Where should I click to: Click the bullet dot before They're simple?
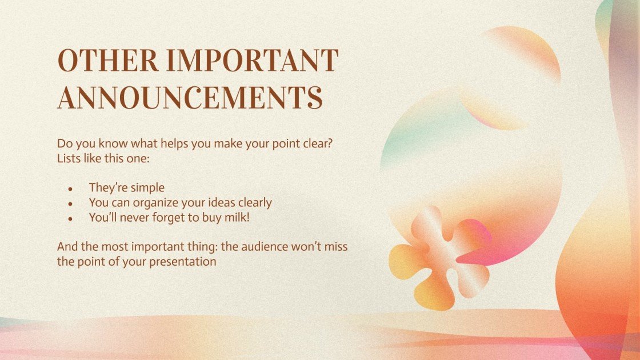(x=70, y=189)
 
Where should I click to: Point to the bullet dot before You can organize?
(x=70, y=203)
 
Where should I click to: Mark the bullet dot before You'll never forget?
(x=70, y=218)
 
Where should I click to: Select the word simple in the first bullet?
(x=147, y=187)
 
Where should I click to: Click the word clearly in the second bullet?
(x=252, y=202)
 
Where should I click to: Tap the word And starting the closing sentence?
(x=67, y=247)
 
